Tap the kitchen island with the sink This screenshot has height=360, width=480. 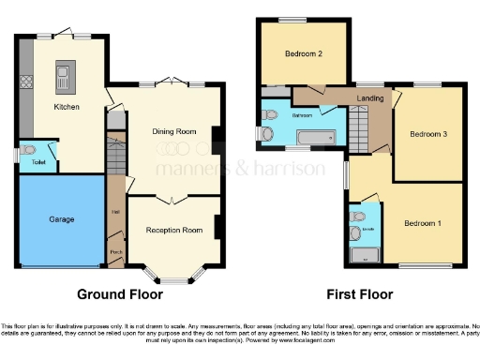(67, 76)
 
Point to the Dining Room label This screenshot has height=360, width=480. (175, 132)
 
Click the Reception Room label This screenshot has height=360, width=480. (174, 230)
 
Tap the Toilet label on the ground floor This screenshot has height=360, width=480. (37, 162)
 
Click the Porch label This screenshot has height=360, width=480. (116, 252)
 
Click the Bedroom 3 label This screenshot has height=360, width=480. (427, 134)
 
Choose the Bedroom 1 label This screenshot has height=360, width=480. (423, 224)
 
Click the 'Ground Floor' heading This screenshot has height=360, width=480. (120, 293)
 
